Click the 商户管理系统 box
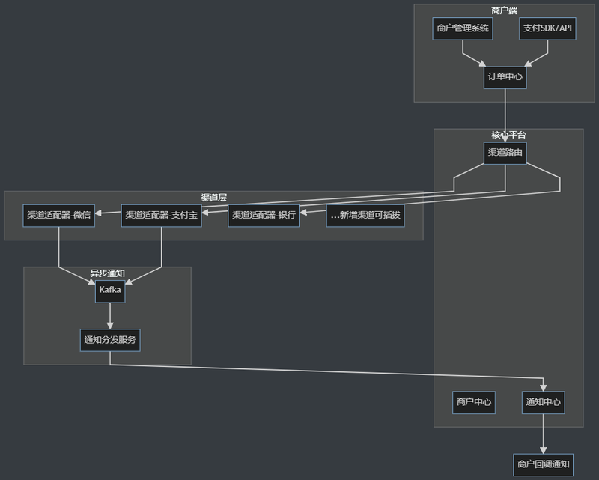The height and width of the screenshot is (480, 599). point(463,28)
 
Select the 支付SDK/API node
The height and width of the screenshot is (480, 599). point(547,28)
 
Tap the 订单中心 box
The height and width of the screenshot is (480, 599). point(505,78)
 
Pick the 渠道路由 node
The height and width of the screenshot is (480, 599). point(505,154)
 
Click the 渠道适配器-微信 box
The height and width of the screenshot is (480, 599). point(59,216)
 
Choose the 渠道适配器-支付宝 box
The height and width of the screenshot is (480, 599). point(162,216)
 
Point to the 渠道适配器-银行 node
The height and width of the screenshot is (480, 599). point(264,216)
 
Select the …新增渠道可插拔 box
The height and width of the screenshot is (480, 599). point(365,216)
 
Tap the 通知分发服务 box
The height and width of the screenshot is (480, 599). point(110,340)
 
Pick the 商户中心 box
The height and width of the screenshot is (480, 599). point(474,402)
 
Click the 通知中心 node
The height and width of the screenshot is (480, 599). point(544,402)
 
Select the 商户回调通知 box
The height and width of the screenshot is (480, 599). point(544,465)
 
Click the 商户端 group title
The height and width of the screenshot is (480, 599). point(504,10)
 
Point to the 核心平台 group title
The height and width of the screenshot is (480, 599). point(508,135)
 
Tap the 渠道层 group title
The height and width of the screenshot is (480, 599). point(214,198)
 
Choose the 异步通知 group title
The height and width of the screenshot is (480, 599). point(107,273)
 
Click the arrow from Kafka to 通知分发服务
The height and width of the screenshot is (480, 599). point(110,316)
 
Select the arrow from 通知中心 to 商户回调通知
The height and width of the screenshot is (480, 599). point(544,434)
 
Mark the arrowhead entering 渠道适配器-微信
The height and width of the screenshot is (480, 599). point(98,213)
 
